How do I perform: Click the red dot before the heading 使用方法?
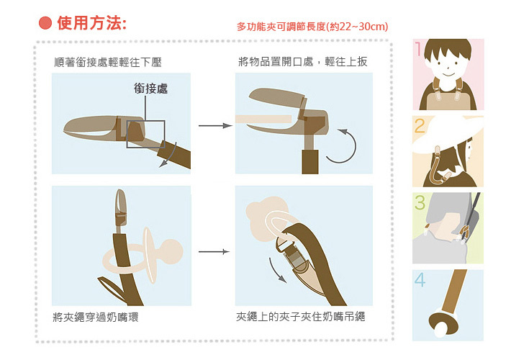point(45,23)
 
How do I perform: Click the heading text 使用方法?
point(92,23)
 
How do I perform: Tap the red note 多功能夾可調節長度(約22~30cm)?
point(312,27)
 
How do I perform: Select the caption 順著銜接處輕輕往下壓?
point(108,62)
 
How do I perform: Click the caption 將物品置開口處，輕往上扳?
point(303,61)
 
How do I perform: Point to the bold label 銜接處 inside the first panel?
point(150,89)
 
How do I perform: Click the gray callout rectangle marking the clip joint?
point(145,134)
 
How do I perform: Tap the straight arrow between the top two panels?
point(215,125)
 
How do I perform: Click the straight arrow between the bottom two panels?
point(214,252)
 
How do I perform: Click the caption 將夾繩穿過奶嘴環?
point(96,317)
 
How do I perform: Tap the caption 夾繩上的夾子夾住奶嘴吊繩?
point(300,316)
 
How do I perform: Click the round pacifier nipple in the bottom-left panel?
point(171,251)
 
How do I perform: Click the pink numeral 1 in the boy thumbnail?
point(418,49)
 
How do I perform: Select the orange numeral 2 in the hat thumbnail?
point(420,126)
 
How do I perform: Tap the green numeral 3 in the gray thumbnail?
point(420,202)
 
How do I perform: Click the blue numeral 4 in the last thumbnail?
point(420,279)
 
